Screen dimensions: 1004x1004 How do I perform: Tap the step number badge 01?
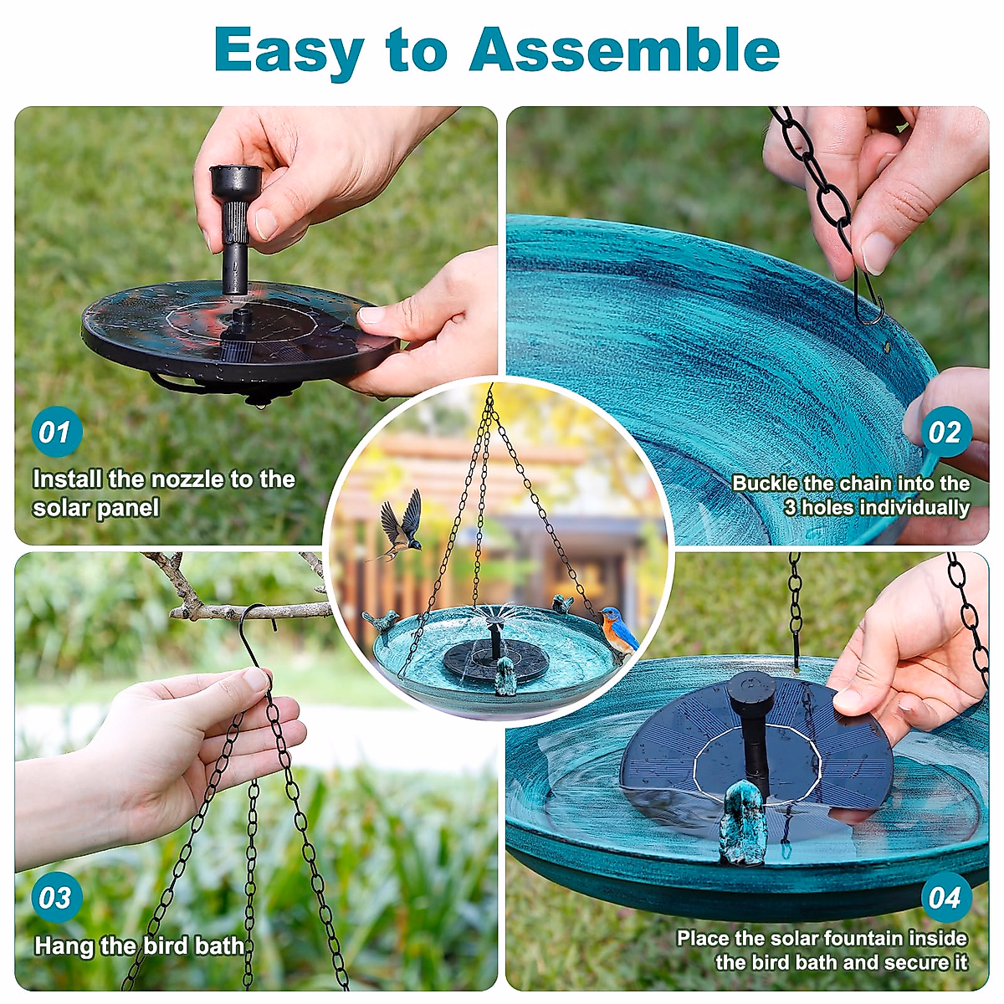point(55,432)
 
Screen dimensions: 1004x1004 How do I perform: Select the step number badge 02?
point(945,432)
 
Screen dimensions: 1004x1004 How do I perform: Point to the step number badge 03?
point(55,898)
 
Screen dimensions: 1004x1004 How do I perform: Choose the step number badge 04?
point(945,898)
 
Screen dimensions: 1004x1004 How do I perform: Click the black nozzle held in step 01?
point(235,226)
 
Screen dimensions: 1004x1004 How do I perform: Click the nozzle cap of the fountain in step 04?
point(750,690)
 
